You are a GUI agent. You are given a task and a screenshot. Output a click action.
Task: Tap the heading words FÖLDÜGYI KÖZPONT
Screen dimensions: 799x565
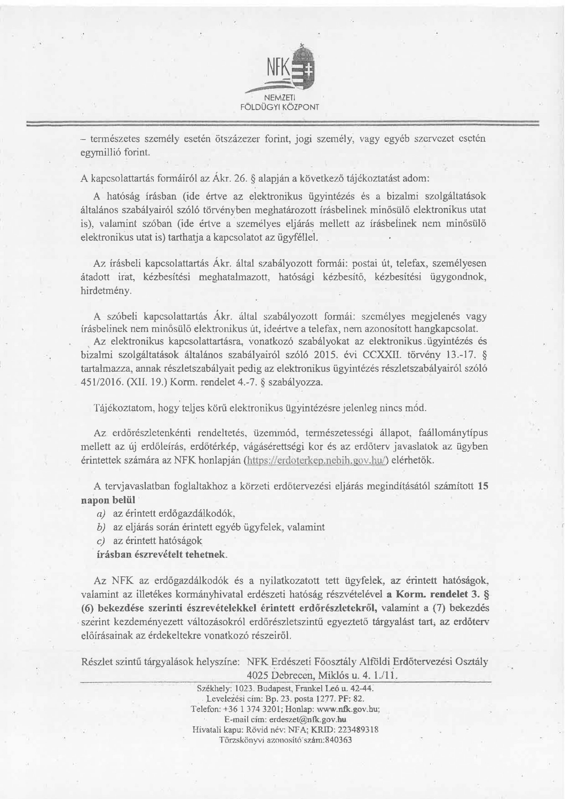click(x=280, y=107)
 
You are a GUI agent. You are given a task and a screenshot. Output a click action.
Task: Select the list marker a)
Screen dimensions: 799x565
click(x=101, y=514)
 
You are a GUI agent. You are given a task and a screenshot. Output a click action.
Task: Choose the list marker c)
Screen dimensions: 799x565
click(x=101, y=541)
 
